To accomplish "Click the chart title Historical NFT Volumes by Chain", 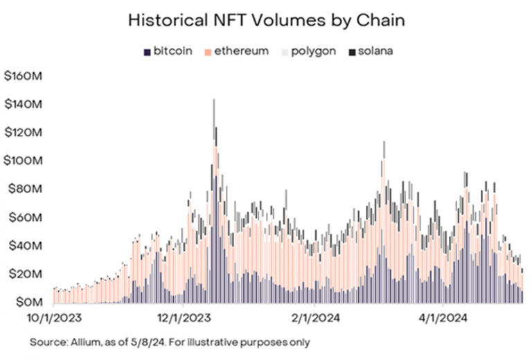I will pos(266,20).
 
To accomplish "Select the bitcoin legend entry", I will pos(167,51).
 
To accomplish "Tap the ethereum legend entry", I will pos(236,51).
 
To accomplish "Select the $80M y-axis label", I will pos(26,189).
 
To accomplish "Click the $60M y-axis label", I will pos(26,217).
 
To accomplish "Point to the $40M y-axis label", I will pos(26,246).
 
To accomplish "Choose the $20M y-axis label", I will pos(26,274).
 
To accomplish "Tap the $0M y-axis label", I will pos(28,303).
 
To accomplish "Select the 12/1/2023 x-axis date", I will pos(183,321).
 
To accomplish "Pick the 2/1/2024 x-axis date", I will pos(314,321).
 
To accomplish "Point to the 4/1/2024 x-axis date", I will pos(443,321).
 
